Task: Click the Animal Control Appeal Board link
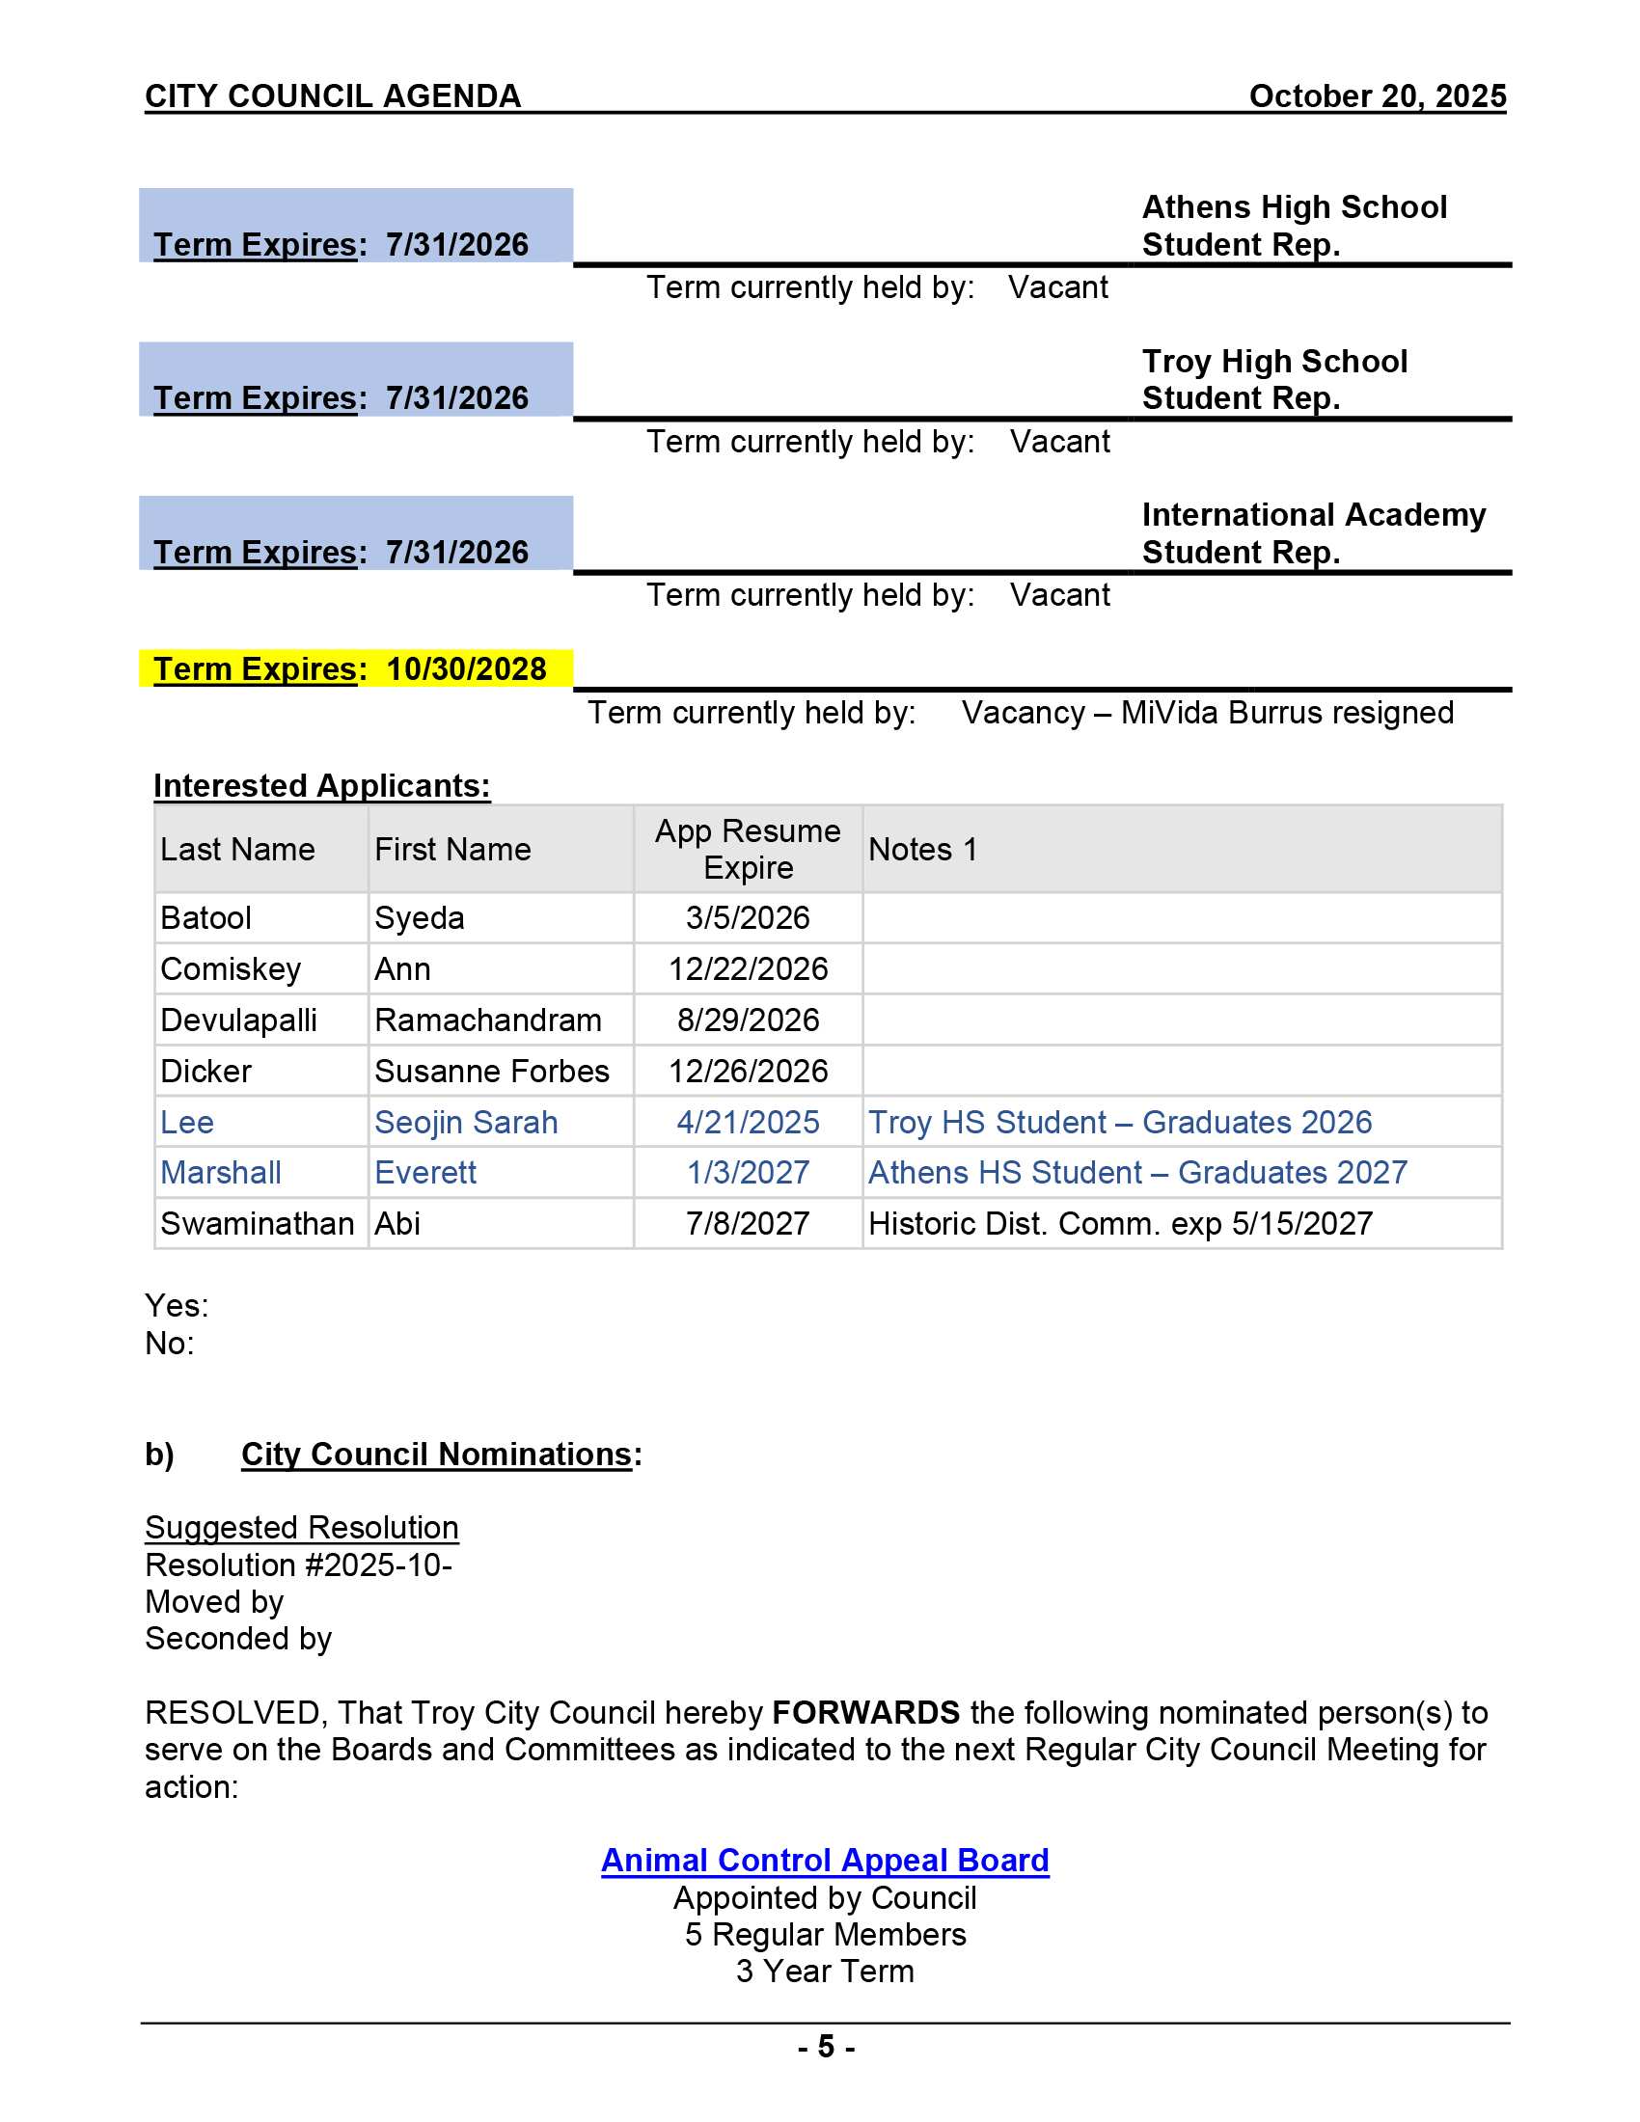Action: click(824, 1860)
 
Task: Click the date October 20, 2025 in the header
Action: click(1377, 96)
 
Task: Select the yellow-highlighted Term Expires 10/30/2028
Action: click(350, 669)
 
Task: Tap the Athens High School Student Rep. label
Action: click(1293, 226)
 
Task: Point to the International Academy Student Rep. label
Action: click(1313, 532)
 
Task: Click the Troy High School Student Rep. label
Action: click(1273, 379)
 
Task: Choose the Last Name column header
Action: click(237, 849)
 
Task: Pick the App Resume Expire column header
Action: click(747, 849)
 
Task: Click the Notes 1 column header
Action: click(922, 849)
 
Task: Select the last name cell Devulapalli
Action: click(238, 1020)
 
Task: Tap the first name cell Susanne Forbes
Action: click(492, 1071)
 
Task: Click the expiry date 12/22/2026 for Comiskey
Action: click(747, 968)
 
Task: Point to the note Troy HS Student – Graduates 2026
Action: click(1119, 1122)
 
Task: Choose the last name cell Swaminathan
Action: click(257, 1223)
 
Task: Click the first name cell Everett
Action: click(425, 1173)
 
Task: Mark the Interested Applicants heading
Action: click(321, 786)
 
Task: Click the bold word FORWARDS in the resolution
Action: click(864, 1713)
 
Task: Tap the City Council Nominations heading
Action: click(436, 1455)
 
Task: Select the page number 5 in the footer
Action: click(825, 2047)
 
